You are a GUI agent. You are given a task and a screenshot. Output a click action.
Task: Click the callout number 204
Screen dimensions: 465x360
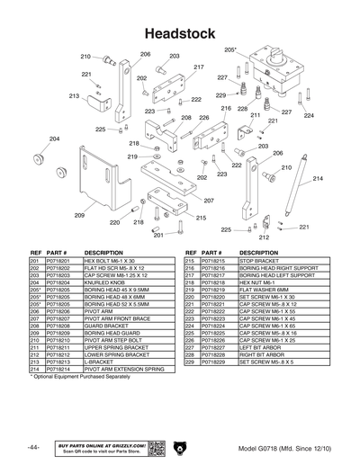pos(54,139)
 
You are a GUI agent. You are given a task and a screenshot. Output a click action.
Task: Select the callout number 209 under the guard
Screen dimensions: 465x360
pos(79,216)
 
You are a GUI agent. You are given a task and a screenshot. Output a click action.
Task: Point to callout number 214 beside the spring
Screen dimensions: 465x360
pos(317,179)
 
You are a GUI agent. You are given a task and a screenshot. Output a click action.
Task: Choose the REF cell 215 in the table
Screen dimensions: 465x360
pos(189,260)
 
